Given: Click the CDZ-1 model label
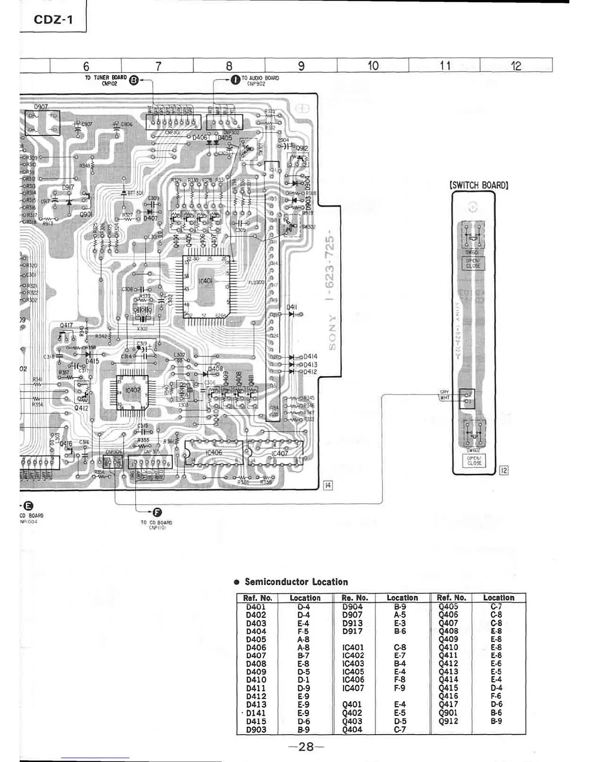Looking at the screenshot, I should point(53,20).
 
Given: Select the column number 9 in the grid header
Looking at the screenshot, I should point(301,65).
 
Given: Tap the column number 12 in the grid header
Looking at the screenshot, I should point(516,65).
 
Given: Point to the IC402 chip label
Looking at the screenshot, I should point(132,391).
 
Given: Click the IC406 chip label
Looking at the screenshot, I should point(214,453).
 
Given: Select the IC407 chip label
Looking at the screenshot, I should point(280,454).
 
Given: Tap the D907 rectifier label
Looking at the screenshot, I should point(41,107).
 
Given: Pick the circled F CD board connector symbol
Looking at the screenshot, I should point(157,512).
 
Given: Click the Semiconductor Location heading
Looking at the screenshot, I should point(296,582).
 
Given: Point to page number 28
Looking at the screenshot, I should point(306,747).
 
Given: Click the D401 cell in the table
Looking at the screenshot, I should point(256,607).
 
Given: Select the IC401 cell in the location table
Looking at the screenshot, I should point(353,648).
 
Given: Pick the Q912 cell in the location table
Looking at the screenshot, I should point(448,721).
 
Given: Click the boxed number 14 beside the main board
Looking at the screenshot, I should point(328,485).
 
